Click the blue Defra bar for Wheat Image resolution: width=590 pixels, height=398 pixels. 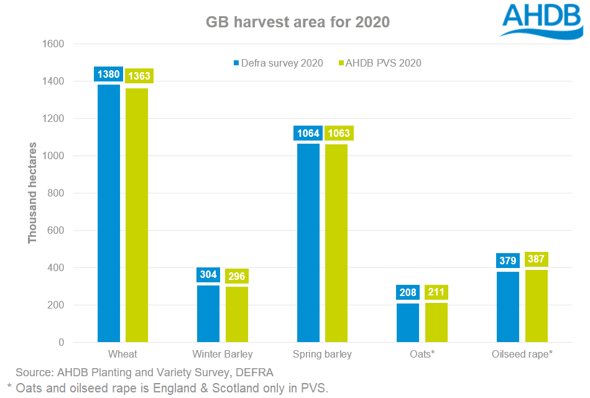pyautogui.click(x=109, y=213)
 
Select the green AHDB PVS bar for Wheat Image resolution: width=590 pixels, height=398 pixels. pyautogui.click(x=137, y=215)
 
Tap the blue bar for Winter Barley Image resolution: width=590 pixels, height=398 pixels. pyautogui.click(x=208, y=313)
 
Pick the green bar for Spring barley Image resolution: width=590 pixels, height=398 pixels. pyautogui.click(x=336, y=243)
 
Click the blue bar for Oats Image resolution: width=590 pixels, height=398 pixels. pyautogui.click(x=408, y=323)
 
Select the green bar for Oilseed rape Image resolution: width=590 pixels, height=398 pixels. pyautogui.click(x=536, y=306)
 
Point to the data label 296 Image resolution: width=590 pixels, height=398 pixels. pyautogui.click(x=237, y=276)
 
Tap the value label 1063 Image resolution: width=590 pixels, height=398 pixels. pyautogui.click(x=339, y=133)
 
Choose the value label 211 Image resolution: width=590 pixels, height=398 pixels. pyautogui.click(x=436, y=292)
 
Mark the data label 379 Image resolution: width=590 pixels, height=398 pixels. pyautogui.click(x=507, y=261)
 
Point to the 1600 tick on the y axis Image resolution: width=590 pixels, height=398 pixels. pyautogui.click(x=53, y=44)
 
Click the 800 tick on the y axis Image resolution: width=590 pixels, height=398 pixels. pyautogui.click(x=56, y=193)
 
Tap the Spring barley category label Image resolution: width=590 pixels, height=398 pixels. pyautogui.click(x=322, y=354)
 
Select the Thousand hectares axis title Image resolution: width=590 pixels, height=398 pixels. pyautogui.click(x=32, y=193)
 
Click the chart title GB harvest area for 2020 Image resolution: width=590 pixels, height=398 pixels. pyautogui.click(x=298, y=22)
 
